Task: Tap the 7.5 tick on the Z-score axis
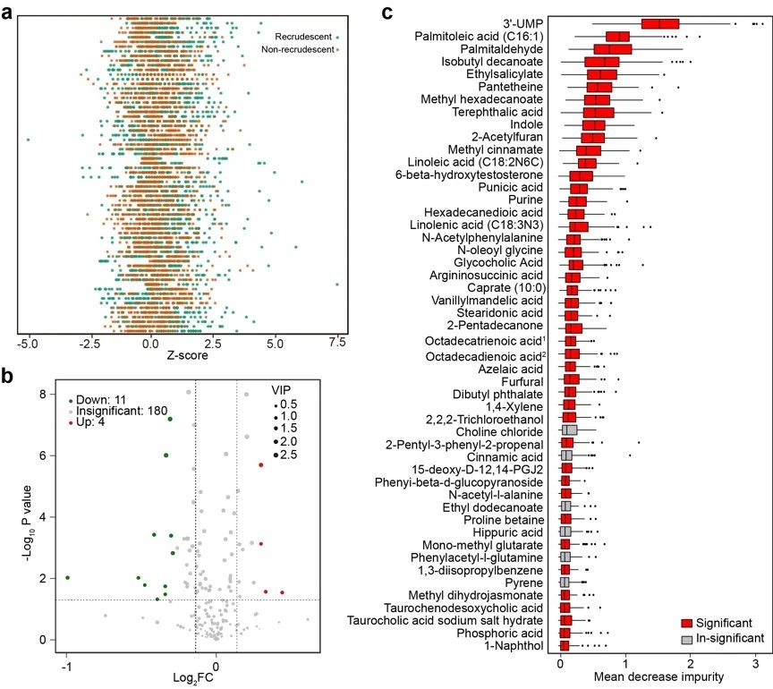(x=337, y=343)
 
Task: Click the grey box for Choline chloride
(x=568, y=430)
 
